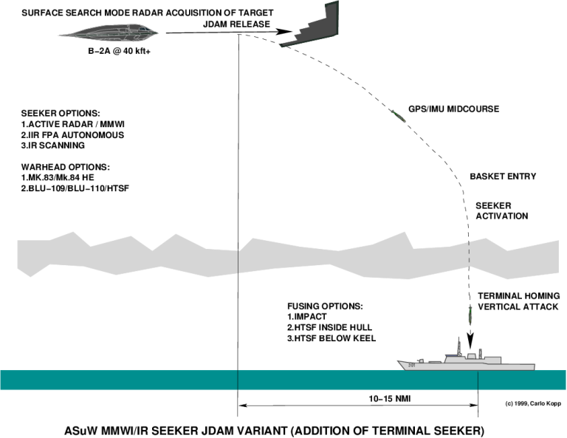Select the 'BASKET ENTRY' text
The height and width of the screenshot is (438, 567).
click(503, 177)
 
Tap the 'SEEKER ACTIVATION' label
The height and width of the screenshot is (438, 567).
click(501, 211)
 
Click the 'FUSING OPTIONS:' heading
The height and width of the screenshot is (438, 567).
click(325, 306)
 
